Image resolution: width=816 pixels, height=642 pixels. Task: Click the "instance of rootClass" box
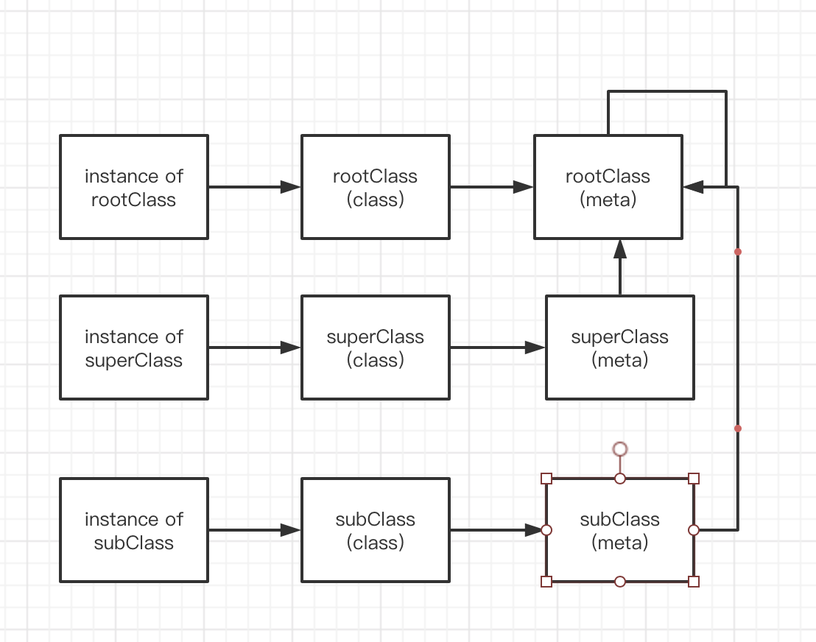133,187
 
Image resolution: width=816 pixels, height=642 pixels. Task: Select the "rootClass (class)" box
375,187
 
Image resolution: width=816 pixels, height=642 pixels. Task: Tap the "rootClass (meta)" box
608,187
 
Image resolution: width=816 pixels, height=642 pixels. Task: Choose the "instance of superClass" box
133,348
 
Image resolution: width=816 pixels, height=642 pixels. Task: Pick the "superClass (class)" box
375,348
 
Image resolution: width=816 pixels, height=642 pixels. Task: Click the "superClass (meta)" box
619,348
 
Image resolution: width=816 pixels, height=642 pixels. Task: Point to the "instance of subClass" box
133,530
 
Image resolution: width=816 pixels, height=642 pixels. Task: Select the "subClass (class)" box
375,530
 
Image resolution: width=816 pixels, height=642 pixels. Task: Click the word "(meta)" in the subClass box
619,543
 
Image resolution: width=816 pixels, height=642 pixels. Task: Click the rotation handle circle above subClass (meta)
620,449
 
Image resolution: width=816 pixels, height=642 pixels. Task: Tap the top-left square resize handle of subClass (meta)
546,479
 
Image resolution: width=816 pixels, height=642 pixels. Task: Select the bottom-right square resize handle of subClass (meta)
693,582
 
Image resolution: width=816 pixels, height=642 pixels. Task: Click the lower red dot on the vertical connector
737,428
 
